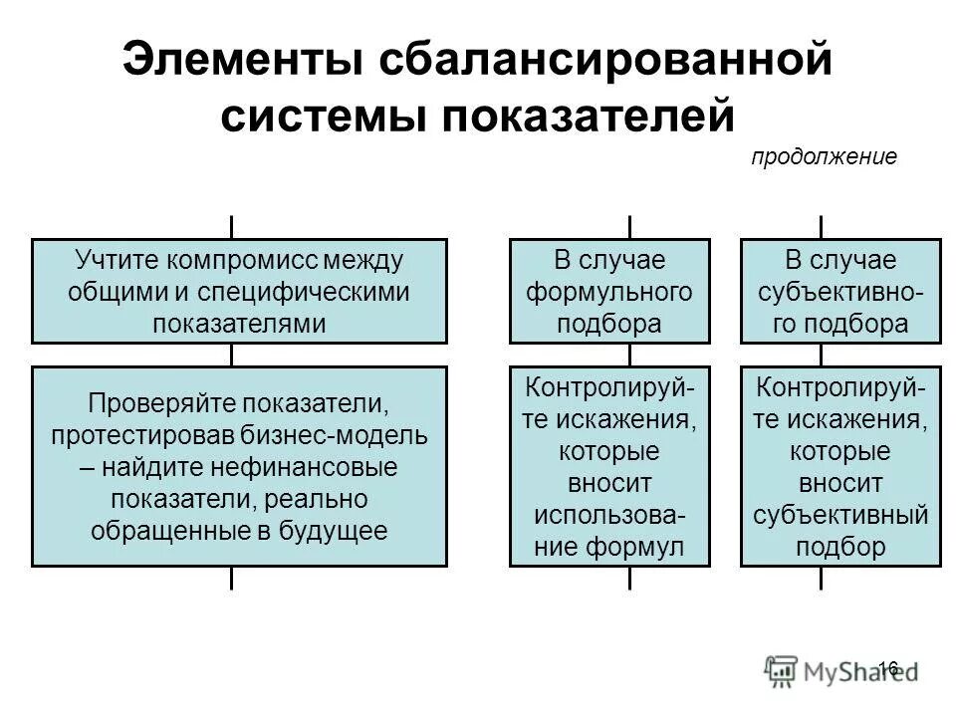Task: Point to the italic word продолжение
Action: (x=824, y=157)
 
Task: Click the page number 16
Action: (x=888, y=667)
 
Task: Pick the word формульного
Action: (x=609, y=292)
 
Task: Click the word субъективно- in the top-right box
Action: (x=840, y=292)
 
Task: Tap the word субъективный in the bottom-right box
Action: (x=840, y=515)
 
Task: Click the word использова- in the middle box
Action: (x=609, y=515)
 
